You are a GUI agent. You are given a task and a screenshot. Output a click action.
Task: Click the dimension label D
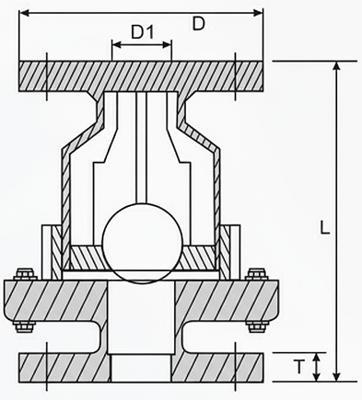pos(197,25)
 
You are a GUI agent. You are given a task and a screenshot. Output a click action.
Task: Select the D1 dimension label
pos(141,33)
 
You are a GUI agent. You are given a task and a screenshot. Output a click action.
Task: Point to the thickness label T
pos(300,366)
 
